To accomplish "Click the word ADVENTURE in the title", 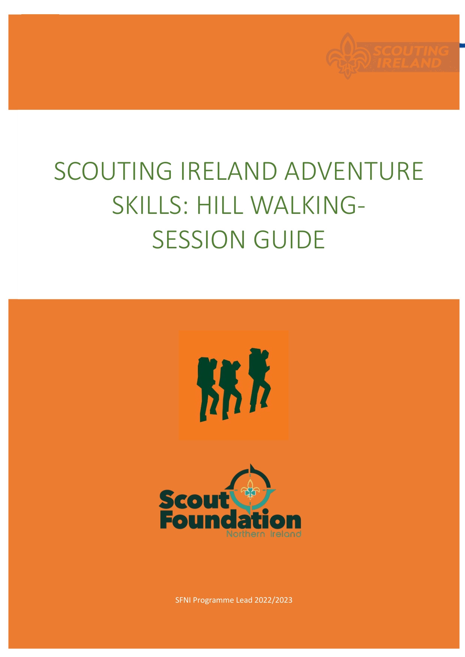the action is pos(354,171).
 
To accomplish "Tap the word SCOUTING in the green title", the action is pos(113,171).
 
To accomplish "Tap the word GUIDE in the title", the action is pos(289,240).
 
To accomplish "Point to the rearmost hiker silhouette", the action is pos(208,390).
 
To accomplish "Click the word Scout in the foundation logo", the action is pos(194,500).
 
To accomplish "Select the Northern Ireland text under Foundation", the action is pos(264,534).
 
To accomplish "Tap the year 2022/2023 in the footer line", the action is pos(274,600).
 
